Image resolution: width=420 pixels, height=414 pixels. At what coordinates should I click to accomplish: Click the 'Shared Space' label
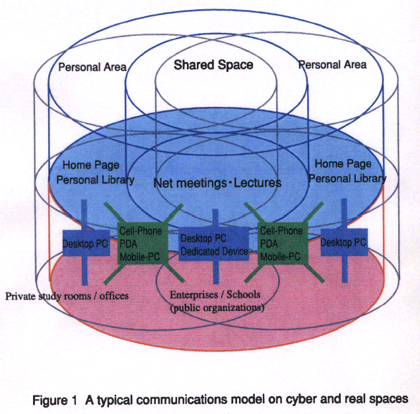point(213,65)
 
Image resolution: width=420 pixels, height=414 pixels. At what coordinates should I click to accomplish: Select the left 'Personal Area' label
point(92,67)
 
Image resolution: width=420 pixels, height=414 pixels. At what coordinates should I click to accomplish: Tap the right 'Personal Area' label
point(332,65)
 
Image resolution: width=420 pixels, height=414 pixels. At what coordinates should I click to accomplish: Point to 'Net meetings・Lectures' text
point(217,182)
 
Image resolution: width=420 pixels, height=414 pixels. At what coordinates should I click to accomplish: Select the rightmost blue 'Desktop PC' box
point(343,243)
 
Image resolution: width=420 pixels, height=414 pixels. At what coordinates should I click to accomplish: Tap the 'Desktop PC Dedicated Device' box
point(214,245)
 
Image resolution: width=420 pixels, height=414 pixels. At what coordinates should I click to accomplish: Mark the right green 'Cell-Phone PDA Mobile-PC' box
point(282,243)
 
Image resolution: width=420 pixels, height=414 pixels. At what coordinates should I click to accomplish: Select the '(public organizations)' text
point(217,307)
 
